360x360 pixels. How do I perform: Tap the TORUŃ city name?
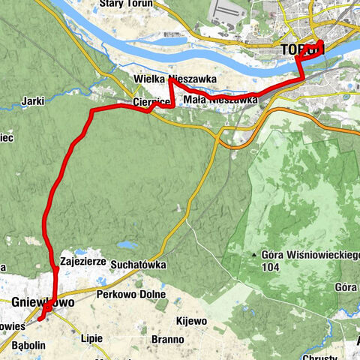(x=302, y=49)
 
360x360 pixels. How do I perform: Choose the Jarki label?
(x=34, y=98)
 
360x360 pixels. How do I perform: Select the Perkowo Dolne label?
(x=125, y=295)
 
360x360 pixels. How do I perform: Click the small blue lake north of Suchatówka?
(x=127, y=244)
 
